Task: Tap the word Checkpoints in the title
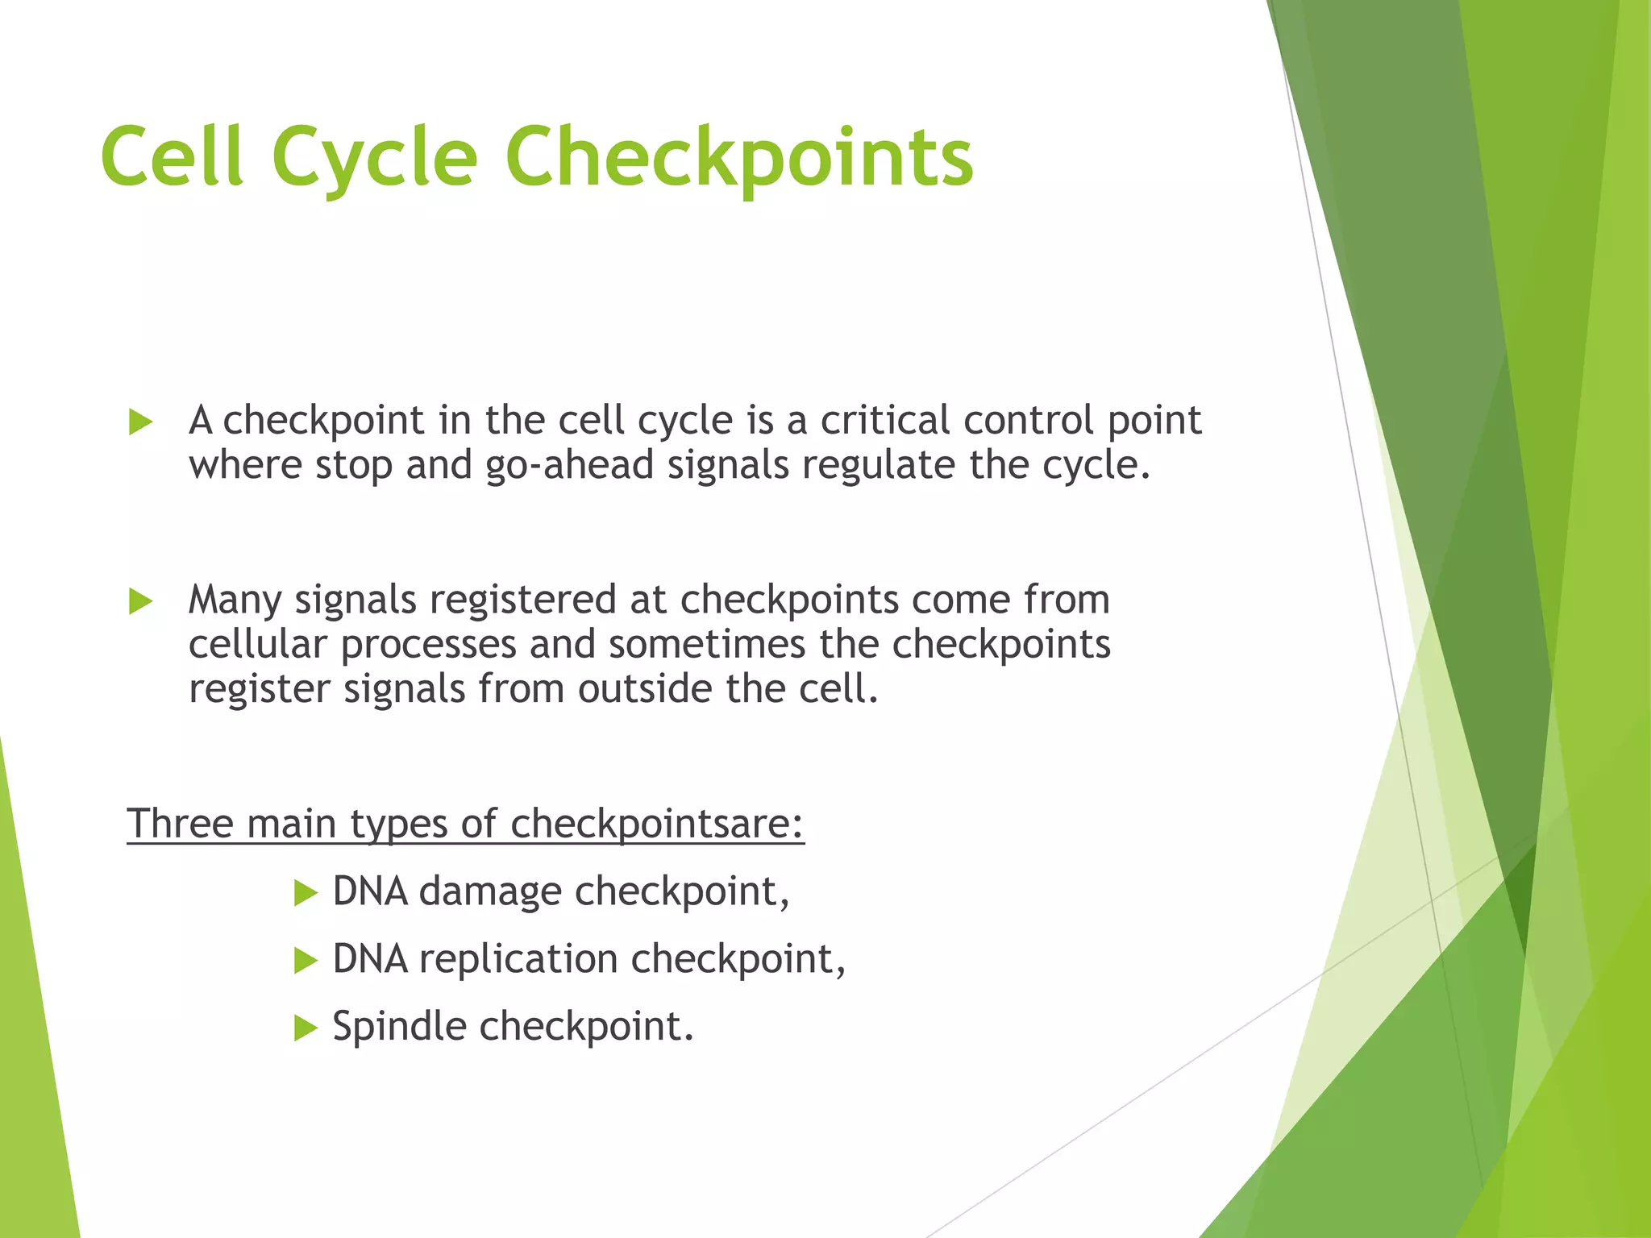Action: [739, 157]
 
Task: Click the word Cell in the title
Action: [172, 157]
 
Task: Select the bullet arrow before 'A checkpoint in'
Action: [140, 422]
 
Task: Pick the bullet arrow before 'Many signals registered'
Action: [140, 601]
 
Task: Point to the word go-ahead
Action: [569, 466]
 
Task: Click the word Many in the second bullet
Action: [235, 600]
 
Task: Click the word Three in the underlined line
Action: [180, 824]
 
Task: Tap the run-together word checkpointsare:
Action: [657, 824]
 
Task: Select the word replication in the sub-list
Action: [518, 960]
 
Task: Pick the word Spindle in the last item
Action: [399, 1027]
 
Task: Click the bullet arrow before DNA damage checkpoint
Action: [306, 893]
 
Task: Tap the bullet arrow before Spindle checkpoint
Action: [306, 1028]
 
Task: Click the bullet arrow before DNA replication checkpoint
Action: [306, 961]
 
